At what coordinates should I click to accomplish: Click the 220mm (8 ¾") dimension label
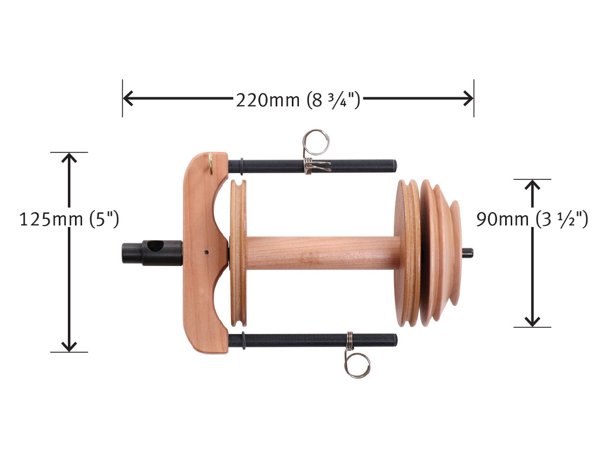tap(298, 100)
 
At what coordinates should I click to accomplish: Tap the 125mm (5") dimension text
tap(69, 219)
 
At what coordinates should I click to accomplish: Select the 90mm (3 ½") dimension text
tap(532, 219)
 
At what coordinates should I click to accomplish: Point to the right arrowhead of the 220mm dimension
tap(468, 98)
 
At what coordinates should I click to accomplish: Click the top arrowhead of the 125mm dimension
tap(69, 158)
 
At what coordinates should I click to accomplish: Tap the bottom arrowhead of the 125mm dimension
tap(69, 346)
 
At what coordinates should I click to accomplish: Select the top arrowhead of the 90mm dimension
tap(532, 185)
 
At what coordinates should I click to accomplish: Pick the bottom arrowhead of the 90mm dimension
tap(532, 321)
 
